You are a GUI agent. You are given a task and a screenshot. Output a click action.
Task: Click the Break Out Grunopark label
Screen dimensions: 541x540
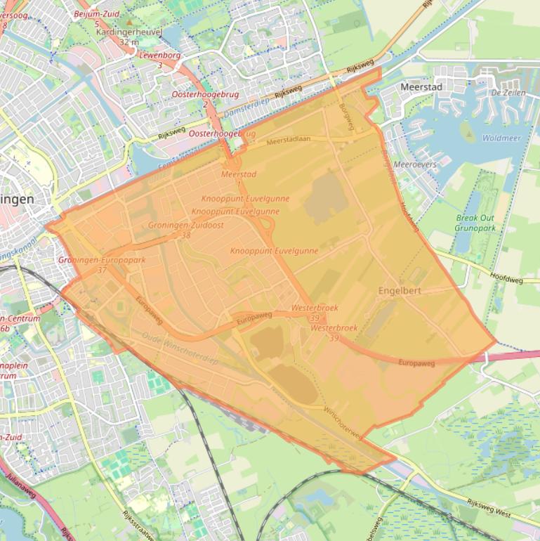[x=475, y=223]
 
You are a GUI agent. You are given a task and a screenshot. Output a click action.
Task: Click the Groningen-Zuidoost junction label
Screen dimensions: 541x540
[x=186, y=225]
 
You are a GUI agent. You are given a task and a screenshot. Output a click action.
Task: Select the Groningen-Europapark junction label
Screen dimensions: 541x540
[x=102, y=261]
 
